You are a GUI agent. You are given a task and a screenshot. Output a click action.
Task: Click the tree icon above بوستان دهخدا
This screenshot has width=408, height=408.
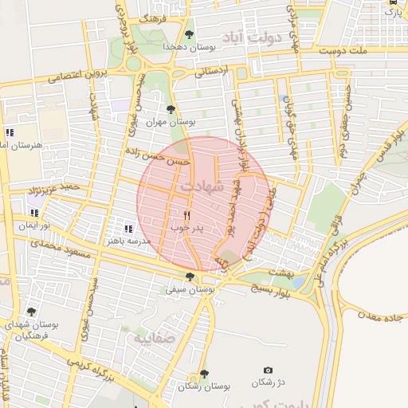click(189, 33)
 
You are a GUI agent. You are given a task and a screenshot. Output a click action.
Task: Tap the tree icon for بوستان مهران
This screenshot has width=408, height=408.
click(170, 109)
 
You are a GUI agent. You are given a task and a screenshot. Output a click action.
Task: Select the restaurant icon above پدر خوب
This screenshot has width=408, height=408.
click(187, 215)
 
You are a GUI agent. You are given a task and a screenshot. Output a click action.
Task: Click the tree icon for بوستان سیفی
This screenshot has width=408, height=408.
click(190, 277)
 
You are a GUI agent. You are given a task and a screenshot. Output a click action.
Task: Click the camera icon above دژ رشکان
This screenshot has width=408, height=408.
click(268, 371)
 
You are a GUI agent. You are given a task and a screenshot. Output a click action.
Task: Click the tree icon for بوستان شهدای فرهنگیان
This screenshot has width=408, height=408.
click(31, 312)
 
